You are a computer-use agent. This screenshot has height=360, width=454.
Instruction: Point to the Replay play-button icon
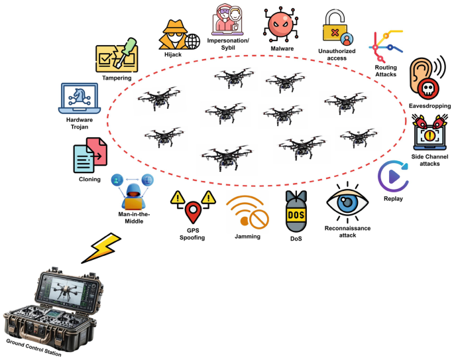394,176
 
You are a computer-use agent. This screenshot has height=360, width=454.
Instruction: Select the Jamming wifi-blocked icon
247,211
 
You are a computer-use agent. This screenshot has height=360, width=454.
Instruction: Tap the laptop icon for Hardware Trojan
80,99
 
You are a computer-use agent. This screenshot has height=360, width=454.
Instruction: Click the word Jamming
247,236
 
